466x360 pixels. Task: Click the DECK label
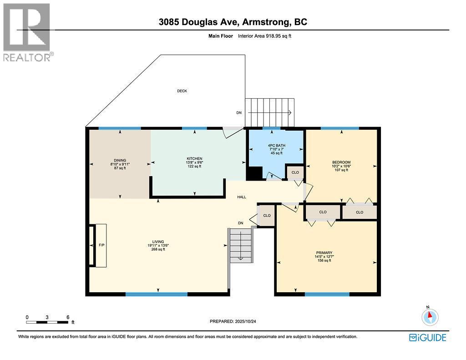(x=182, y=91)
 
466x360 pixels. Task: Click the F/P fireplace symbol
(x=101, y=245)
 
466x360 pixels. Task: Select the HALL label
(x=241, y=197)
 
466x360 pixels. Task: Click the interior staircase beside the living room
(x=241, y=244)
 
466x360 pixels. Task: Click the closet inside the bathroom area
(x=295, y=172)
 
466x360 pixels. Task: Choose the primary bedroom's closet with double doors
(x=323, y=212)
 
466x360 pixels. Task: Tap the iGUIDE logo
(x=427, y=337)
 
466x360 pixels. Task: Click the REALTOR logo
(x=27, y=32)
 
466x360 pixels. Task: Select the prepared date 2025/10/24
(x=236, y=321)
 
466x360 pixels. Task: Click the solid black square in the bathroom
(x=254, y=173)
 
